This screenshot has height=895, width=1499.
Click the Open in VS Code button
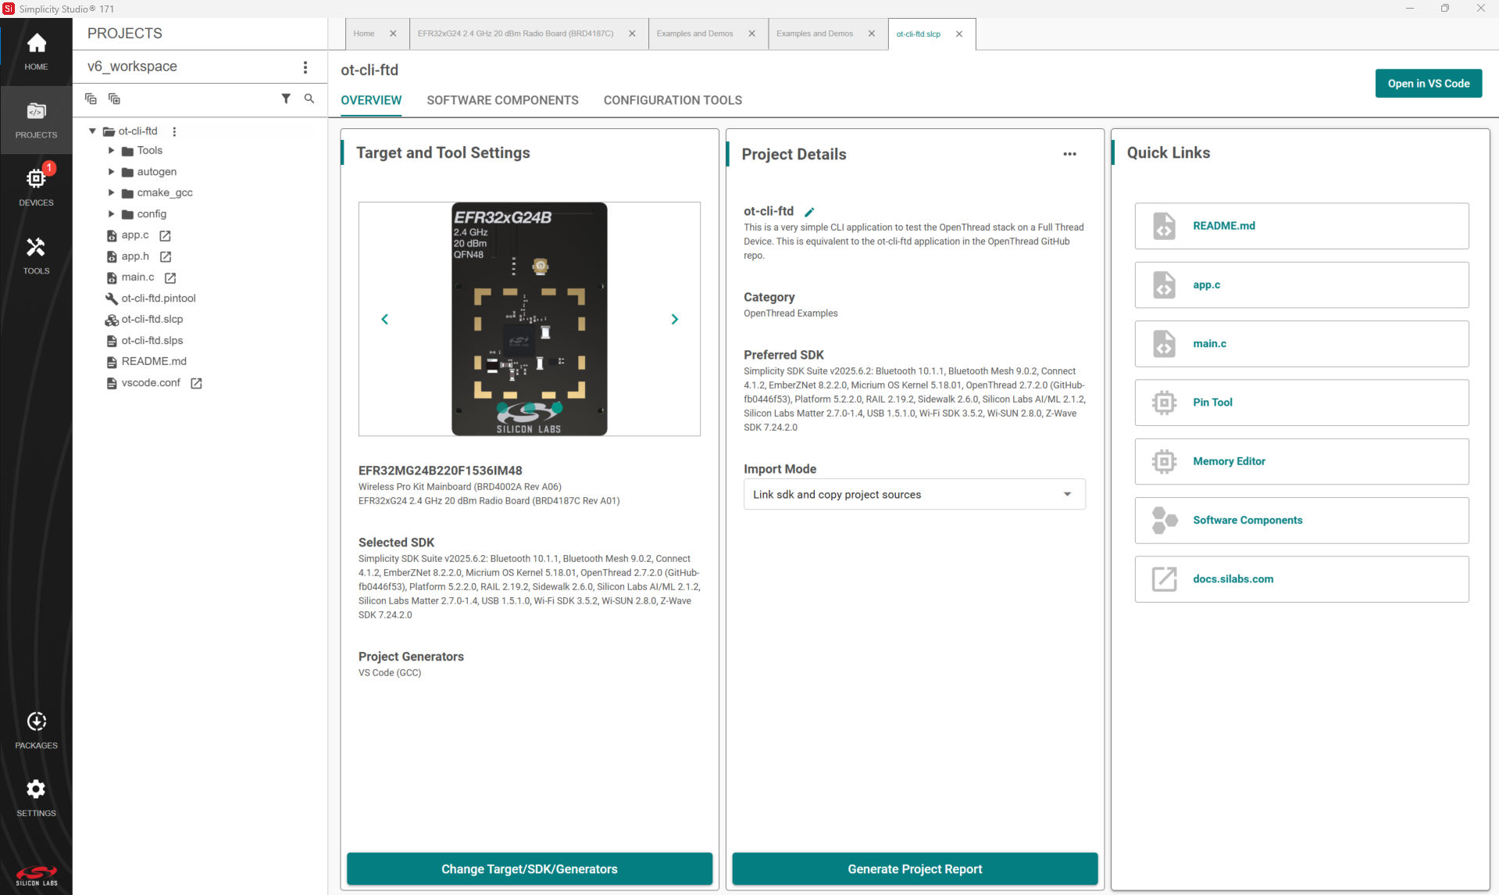(x=1428, y=84)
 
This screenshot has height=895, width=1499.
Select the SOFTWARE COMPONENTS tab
(x=502, y=100)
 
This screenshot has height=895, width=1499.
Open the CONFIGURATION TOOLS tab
(x=673, y=100)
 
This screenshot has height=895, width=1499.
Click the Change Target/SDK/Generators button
(x=529, y=869)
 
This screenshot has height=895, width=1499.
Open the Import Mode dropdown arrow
(x=1067, y=494)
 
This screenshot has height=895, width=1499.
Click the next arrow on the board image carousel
(x=675, y=319)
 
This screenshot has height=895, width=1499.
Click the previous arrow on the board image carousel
(x=384, y=319)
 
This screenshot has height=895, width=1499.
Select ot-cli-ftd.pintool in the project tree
(x=158, y=298)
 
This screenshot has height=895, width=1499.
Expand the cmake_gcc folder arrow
(x=111, y=192)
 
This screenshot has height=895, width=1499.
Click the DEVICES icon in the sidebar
(x=36, y=179)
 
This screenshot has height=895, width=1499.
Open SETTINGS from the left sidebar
(x=36, y=789)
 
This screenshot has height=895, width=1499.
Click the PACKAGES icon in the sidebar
(x=36, y=721)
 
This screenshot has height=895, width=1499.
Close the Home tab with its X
(x=393, y=34)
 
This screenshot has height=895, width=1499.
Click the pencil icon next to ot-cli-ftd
(x=810, y=212)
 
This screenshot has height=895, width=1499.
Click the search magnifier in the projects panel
(x=309, y=98)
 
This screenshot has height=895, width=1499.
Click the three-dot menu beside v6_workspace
(x=305, y=67)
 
